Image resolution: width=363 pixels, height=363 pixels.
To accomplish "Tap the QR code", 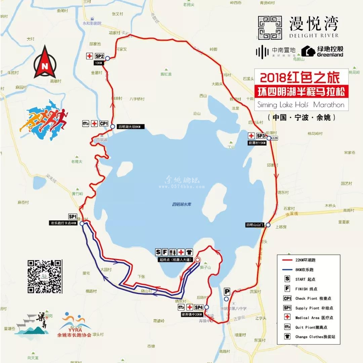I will coord(45,276).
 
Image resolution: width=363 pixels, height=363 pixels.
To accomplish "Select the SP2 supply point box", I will coord(99,56).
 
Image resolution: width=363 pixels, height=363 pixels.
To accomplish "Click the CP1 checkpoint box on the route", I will coord(104,124).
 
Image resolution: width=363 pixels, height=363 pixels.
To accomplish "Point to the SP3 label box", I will coord(261,136).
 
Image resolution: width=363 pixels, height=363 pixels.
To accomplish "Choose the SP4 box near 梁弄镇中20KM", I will coord(199,307).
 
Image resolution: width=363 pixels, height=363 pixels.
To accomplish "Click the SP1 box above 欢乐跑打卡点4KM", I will coord(73,217).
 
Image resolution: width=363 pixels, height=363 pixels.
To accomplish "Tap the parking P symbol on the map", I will coord(227,291).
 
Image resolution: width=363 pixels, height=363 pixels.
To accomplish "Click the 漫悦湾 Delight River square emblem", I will coord(270,28).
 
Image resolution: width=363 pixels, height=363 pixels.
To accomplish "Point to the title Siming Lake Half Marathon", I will coord(301,105).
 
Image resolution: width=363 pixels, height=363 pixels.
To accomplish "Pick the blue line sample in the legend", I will coord(287,270).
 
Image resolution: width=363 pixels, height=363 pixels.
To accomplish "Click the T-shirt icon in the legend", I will coord(287,336).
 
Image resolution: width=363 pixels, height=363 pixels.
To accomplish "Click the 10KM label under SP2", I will coord(98,63).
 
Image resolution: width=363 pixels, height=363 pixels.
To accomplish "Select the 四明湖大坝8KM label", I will coord(131,127).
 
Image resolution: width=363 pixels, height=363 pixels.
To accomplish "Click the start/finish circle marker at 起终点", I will coord(198,259).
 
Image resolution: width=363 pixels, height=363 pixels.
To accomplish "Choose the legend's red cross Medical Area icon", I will coord(287,317).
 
